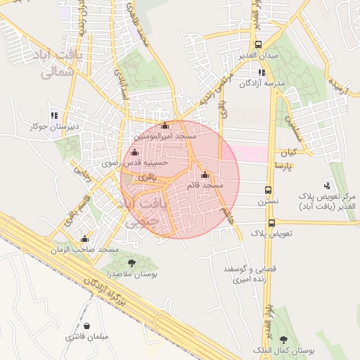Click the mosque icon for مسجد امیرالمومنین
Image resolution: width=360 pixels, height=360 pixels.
click(165, 126)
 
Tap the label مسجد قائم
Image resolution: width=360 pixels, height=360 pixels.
click(205, 185)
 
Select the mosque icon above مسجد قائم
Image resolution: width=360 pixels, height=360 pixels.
click(205, 175)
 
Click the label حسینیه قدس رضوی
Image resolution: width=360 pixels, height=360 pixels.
click(146, 162)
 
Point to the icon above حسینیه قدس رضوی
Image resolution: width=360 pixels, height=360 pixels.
click(134, 153)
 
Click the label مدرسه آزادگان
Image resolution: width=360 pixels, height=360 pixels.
click(262, 83)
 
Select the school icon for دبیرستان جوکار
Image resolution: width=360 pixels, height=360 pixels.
click(54, 116)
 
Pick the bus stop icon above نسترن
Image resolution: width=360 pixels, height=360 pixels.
click(268, 191)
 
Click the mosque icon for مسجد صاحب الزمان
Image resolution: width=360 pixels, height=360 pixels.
click(85, 239)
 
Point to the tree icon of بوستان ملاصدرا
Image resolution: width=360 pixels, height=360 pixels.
click(131, 262)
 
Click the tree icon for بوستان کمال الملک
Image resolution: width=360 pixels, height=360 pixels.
click(283, 340)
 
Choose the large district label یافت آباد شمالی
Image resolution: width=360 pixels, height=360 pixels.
click(56, 63)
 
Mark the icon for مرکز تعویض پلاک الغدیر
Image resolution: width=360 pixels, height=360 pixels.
click(327, 185)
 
